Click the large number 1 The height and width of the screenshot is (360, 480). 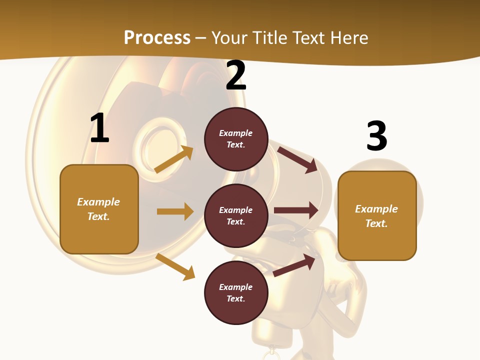pos(99,128)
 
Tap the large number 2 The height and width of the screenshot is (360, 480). pos(236,75)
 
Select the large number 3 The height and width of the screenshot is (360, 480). pos(376,136)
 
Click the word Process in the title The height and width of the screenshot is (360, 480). pos(157,37)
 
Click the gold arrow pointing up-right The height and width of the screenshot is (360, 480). pos(174,159)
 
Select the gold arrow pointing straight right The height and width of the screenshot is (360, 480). pos(175,211)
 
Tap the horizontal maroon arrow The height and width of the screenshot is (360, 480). pos(296,210)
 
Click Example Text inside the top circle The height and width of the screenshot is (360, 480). pos(236,139)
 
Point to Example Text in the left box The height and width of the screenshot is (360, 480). pos(98,209)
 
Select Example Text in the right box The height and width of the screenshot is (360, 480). pos(376,216)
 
